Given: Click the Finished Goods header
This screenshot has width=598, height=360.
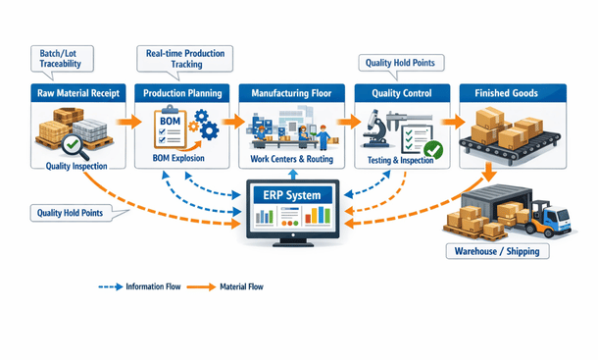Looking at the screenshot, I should tap(504, 93).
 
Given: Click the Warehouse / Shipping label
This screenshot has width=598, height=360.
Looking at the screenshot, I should tap(499, 251).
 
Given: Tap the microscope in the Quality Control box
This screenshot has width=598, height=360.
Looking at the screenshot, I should tap(375, 128).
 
